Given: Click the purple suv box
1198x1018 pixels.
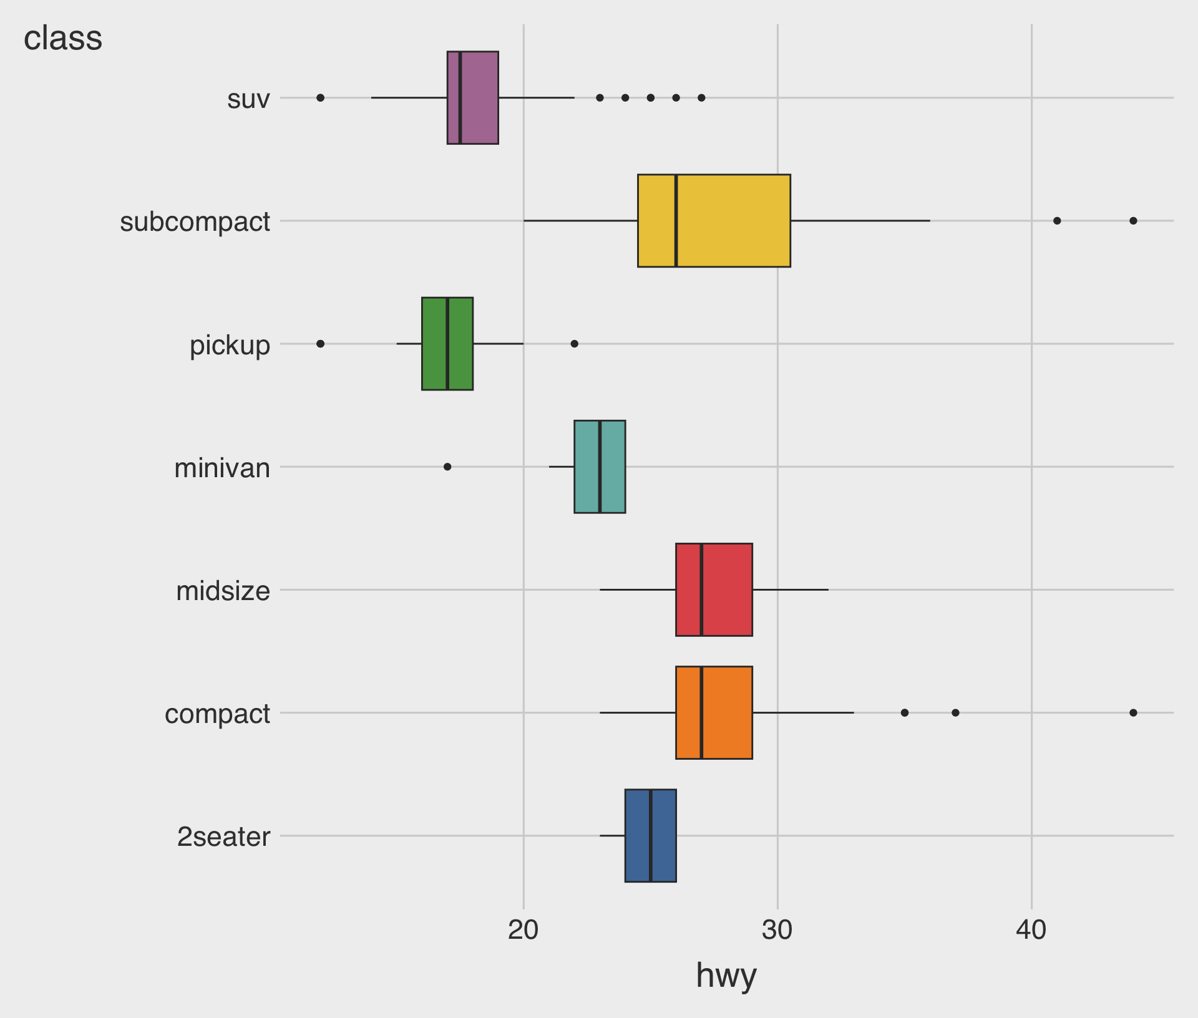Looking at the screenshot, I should click(x=479, y=98).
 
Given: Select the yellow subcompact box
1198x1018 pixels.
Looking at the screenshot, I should click(x=733, y=221).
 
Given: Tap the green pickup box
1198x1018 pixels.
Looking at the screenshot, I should click(x=460, y=344).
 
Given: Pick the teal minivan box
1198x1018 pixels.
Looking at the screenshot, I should click(x=612, y=467).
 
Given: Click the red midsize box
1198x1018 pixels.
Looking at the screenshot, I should click(x=727, y=589).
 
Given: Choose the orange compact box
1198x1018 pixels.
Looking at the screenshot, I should click(x=727, y=712).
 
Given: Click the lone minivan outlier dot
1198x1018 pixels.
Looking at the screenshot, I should click(x=447, y=467).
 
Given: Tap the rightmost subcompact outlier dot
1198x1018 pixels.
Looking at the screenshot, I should click(x=1133, y=221).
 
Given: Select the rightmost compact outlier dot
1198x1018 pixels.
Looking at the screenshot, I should click(x=1133, y=712).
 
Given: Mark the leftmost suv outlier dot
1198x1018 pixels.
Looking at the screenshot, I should click(x=320, y=98).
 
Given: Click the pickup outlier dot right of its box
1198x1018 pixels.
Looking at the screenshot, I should click(x=575, y=344).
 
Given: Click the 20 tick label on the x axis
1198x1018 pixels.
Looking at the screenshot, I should click(x=523, y=930).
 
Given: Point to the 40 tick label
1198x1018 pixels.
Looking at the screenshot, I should click(x=1031, y=930).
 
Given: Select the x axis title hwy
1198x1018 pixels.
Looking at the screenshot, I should click(x=726, y=975).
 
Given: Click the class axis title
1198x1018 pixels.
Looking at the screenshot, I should click(x=62, y=38).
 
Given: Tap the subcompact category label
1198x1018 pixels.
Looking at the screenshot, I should click(x=195, y=222).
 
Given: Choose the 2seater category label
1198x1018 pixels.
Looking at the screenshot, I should click(x=223, y=836).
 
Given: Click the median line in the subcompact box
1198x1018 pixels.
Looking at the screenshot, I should click(x=676, y=221).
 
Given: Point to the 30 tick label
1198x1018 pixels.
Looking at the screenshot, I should click(x=777, y=930).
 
